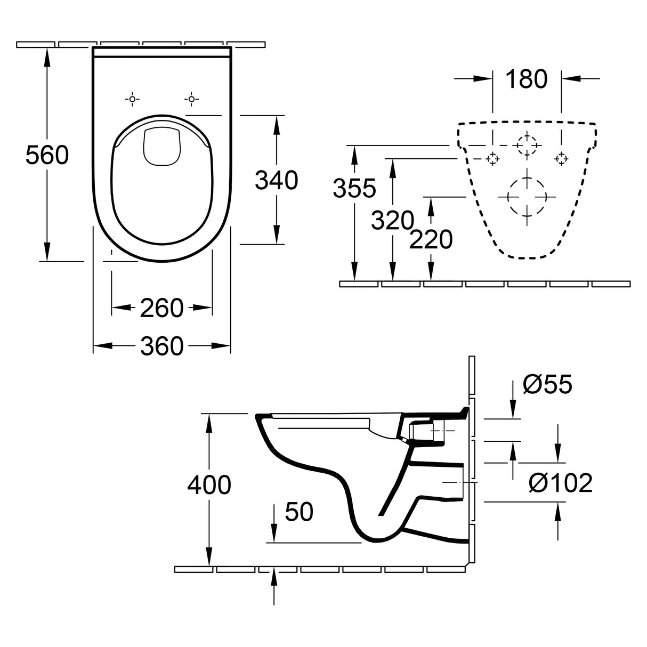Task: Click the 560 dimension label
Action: click(x=47, y=156)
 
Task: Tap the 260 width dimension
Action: click(x=161, y=308)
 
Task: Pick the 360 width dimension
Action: click(x=161, y=346)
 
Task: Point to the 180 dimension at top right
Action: click(x=526, y=79)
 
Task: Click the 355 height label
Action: click(x=354, y=188)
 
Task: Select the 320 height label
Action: click(x=393, y=221)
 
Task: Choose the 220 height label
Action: click(x=431, y=240)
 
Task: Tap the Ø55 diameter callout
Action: click(x=547, y=384)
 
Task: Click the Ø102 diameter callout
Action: click(x=561, y=483)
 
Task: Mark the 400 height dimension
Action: click(x=209, y=485)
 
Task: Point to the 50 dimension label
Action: click(x=299, y=512)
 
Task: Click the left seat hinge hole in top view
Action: click(x=132, y=99)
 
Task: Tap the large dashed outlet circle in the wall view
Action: click(x=527, y=196)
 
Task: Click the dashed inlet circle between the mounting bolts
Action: click(x=527, y=144)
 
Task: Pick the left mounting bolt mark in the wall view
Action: click(x=492, y=158)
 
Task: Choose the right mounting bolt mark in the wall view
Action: click(x=561, y=158)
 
